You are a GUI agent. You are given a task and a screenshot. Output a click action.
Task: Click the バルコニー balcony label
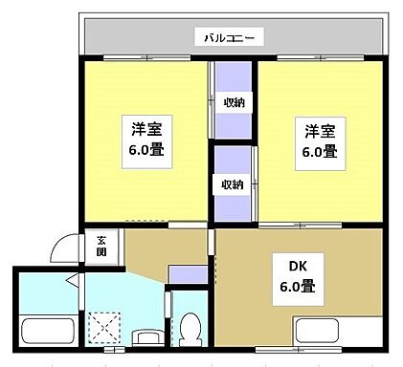pos(229,38)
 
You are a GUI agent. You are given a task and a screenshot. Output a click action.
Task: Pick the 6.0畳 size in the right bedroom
pos(318,152)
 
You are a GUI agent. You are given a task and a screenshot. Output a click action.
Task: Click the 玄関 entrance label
pos(101,246)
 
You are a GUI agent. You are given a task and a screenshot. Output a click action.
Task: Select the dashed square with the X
pos(101,328)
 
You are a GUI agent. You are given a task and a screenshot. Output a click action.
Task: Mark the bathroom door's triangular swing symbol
pos(74,280)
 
